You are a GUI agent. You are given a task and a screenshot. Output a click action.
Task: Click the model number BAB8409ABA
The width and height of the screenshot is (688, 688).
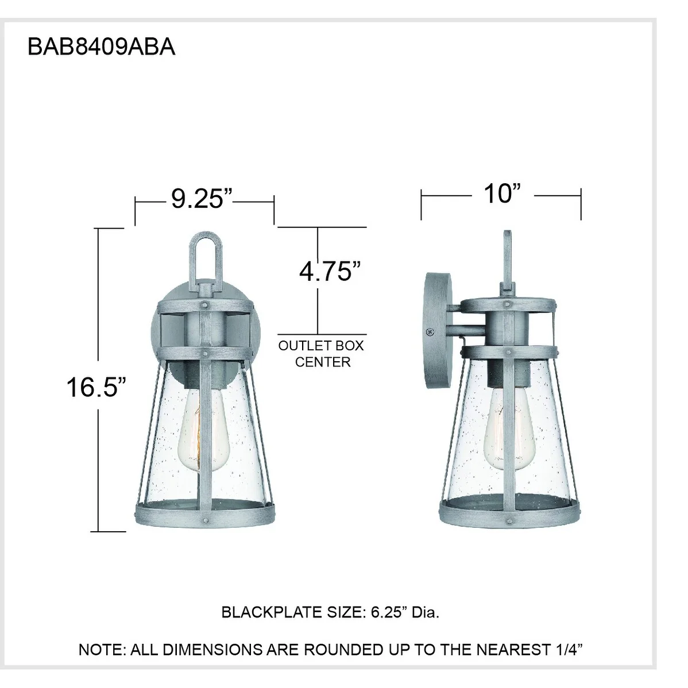[101, 47]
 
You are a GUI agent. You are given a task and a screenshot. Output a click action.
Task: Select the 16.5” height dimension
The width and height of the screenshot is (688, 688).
[96, 387]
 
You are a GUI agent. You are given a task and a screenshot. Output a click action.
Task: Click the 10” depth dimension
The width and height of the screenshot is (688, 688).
[502, 194]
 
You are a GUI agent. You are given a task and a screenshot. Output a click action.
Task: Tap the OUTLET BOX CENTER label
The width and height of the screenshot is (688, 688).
[322, 354]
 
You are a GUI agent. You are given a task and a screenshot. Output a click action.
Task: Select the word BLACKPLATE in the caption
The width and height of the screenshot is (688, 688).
[272, 612]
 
